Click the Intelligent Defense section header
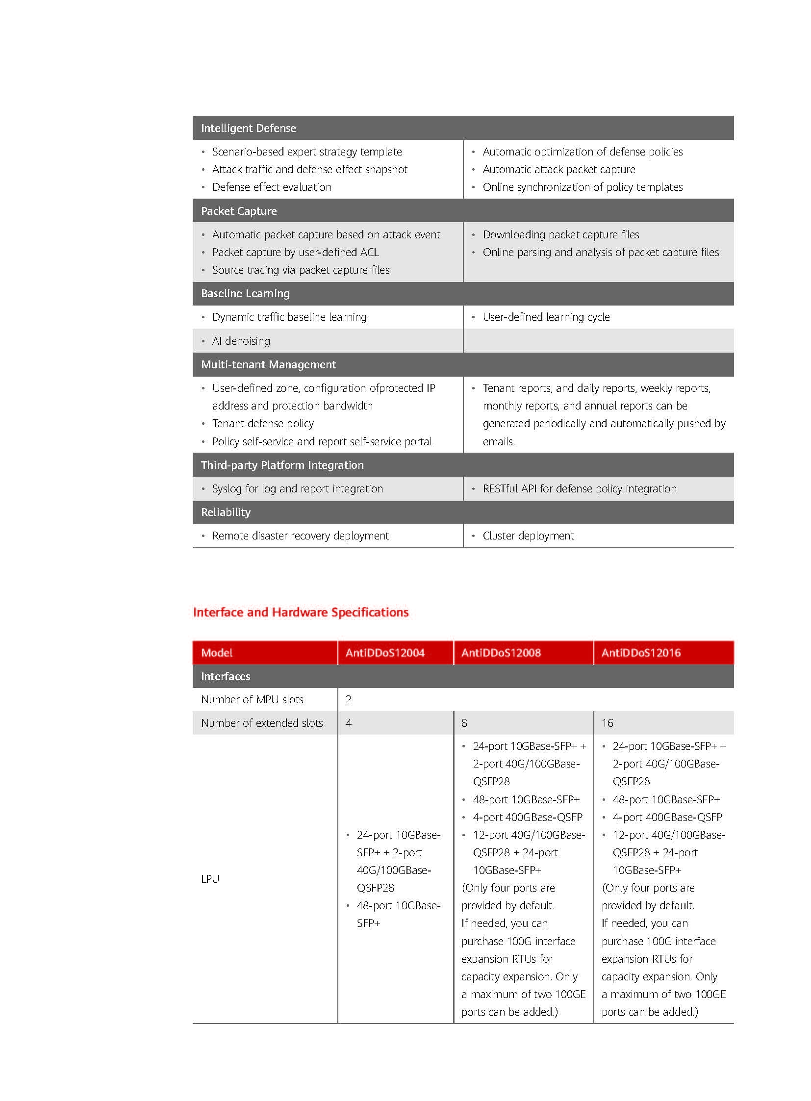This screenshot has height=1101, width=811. pyautogui.click(x=249, y=128)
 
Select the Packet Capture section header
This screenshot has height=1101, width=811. pyautogui.click(x=239, y=211)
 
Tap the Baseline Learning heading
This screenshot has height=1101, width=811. pyautogui.click(x=246, y=293)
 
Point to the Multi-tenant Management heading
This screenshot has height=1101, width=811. pyautogui.click(x=269, y=364)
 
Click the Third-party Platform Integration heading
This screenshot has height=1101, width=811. pyautogui.click(x=282, y=464)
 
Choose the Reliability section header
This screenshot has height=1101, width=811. pyautogui.click(x=226, y=512)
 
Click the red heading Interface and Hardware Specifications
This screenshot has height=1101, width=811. pyautogui.click(x=301, y=612)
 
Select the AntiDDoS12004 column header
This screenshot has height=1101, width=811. pyautogui.click(x=385, y=653)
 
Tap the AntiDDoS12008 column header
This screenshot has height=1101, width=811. pyautogui.click(x=501, y=653)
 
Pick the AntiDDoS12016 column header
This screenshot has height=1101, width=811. pyautogui.click(x=641, y=653)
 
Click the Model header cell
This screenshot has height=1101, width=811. pyautogui.click(x=217, y=653)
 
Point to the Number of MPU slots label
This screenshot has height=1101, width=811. pyautogui.click(x=253, y=699)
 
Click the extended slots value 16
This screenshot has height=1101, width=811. pyautogui.click(x=607, y=723)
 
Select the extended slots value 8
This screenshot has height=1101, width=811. pyautogui.click(x=464, y=723)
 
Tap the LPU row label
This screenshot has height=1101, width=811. pyautogui.click(x=210, y=878)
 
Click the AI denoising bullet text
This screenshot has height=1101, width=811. pyautogui.click(x=241, y=341)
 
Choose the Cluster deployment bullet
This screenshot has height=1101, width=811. pyautogui.click(x=528, y=536)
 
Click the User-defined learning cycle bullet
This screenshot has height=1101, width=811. pyautogui.click(x=546, y=317)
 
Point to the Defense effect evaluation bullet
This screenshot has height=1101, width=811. pyautogui.click(x=272, y=187)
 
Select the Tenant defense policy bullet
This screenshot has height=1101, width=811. pyautogui.click(x=263, y=423)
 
